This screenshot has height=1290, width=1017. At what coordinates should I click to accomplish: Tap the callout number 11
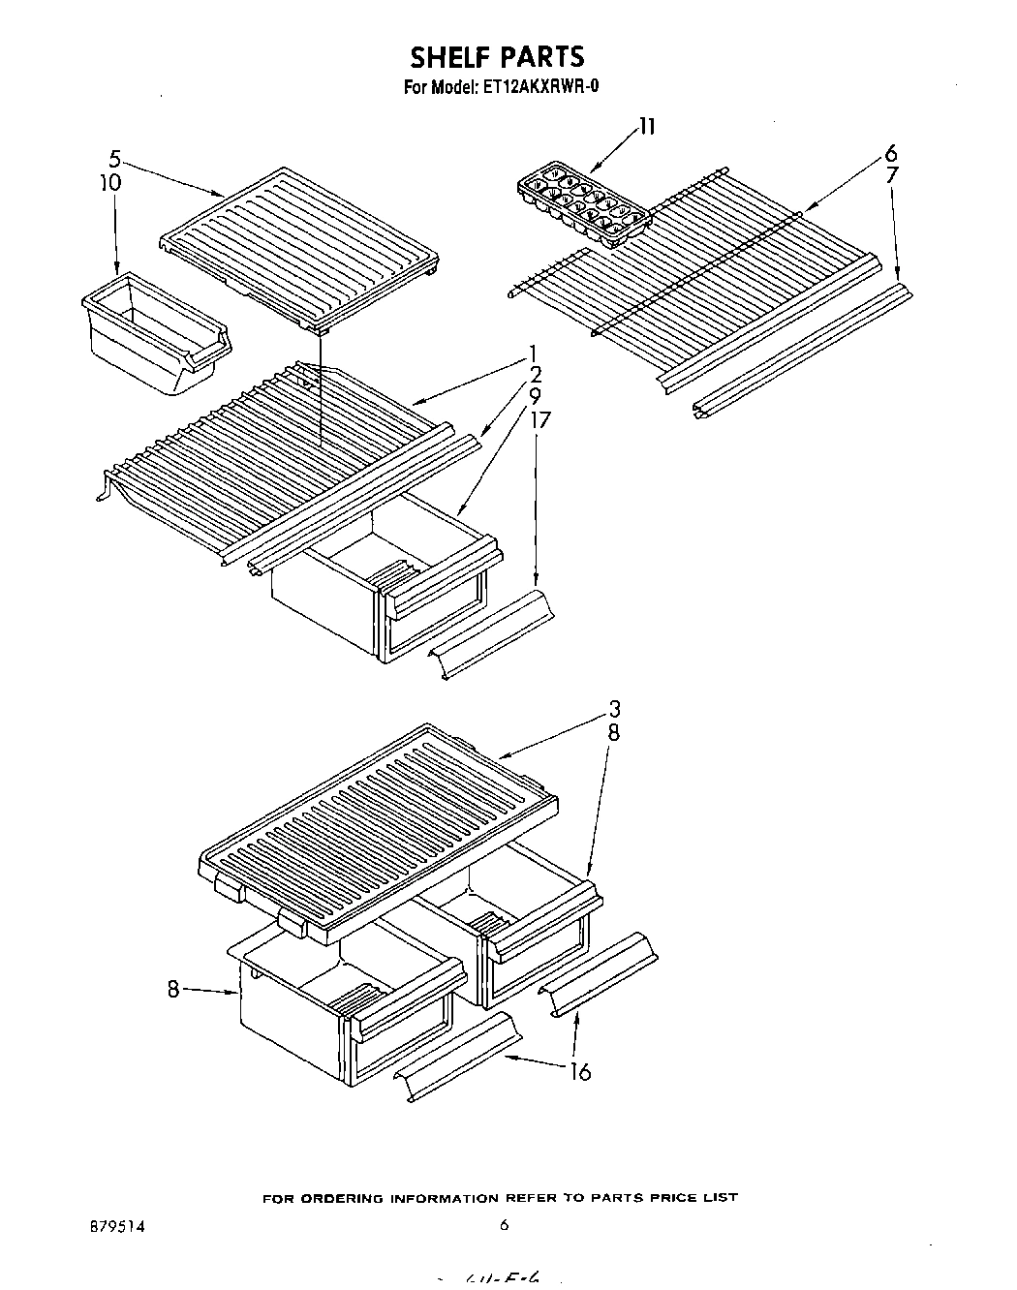pos(646,127)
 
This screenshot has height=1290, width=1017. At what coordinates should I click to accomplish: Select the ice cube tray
pos(581,204)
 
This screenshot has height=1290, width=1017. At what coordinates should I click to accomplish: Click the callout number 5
pos(114,160)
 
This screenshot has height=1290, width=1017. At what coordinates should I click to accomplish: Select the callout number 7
pos(892,175)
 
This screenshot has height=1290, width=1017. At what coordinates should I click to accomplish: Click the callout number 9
pos(535,396)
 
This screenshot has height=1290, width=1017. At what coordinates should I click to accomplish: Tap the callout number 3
pos(614,709)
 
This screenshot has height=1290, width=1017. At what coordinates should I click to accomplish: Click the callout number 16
pos(580,1072)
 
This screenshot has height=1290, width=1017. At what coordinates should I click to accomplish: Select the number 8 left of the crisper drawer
pos(172,990)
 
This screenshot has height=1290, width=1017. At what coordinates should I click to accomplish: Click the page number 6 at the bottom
pos(504,1224)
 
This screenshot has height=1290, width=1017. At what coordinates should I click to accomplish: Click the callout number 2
pos(535,375)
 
